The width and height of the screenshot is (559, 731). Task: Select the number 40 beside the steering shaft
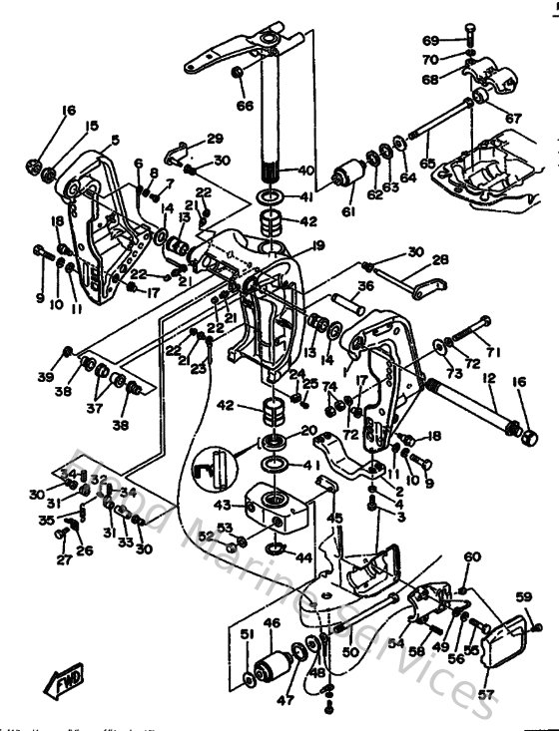tap(305, 170)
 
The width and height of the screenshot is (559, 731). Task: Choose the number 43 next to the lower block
tap(223, 506)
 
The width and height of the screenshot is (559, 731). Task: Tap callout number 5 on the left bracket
tap(115, 141)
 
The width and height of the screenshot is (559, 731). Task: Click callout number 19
tap(317, 244)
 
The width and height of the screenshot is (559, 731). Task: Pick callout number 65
tap(427, 161)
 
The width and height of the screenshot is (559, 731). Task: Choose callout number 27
tap(64, 560)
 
